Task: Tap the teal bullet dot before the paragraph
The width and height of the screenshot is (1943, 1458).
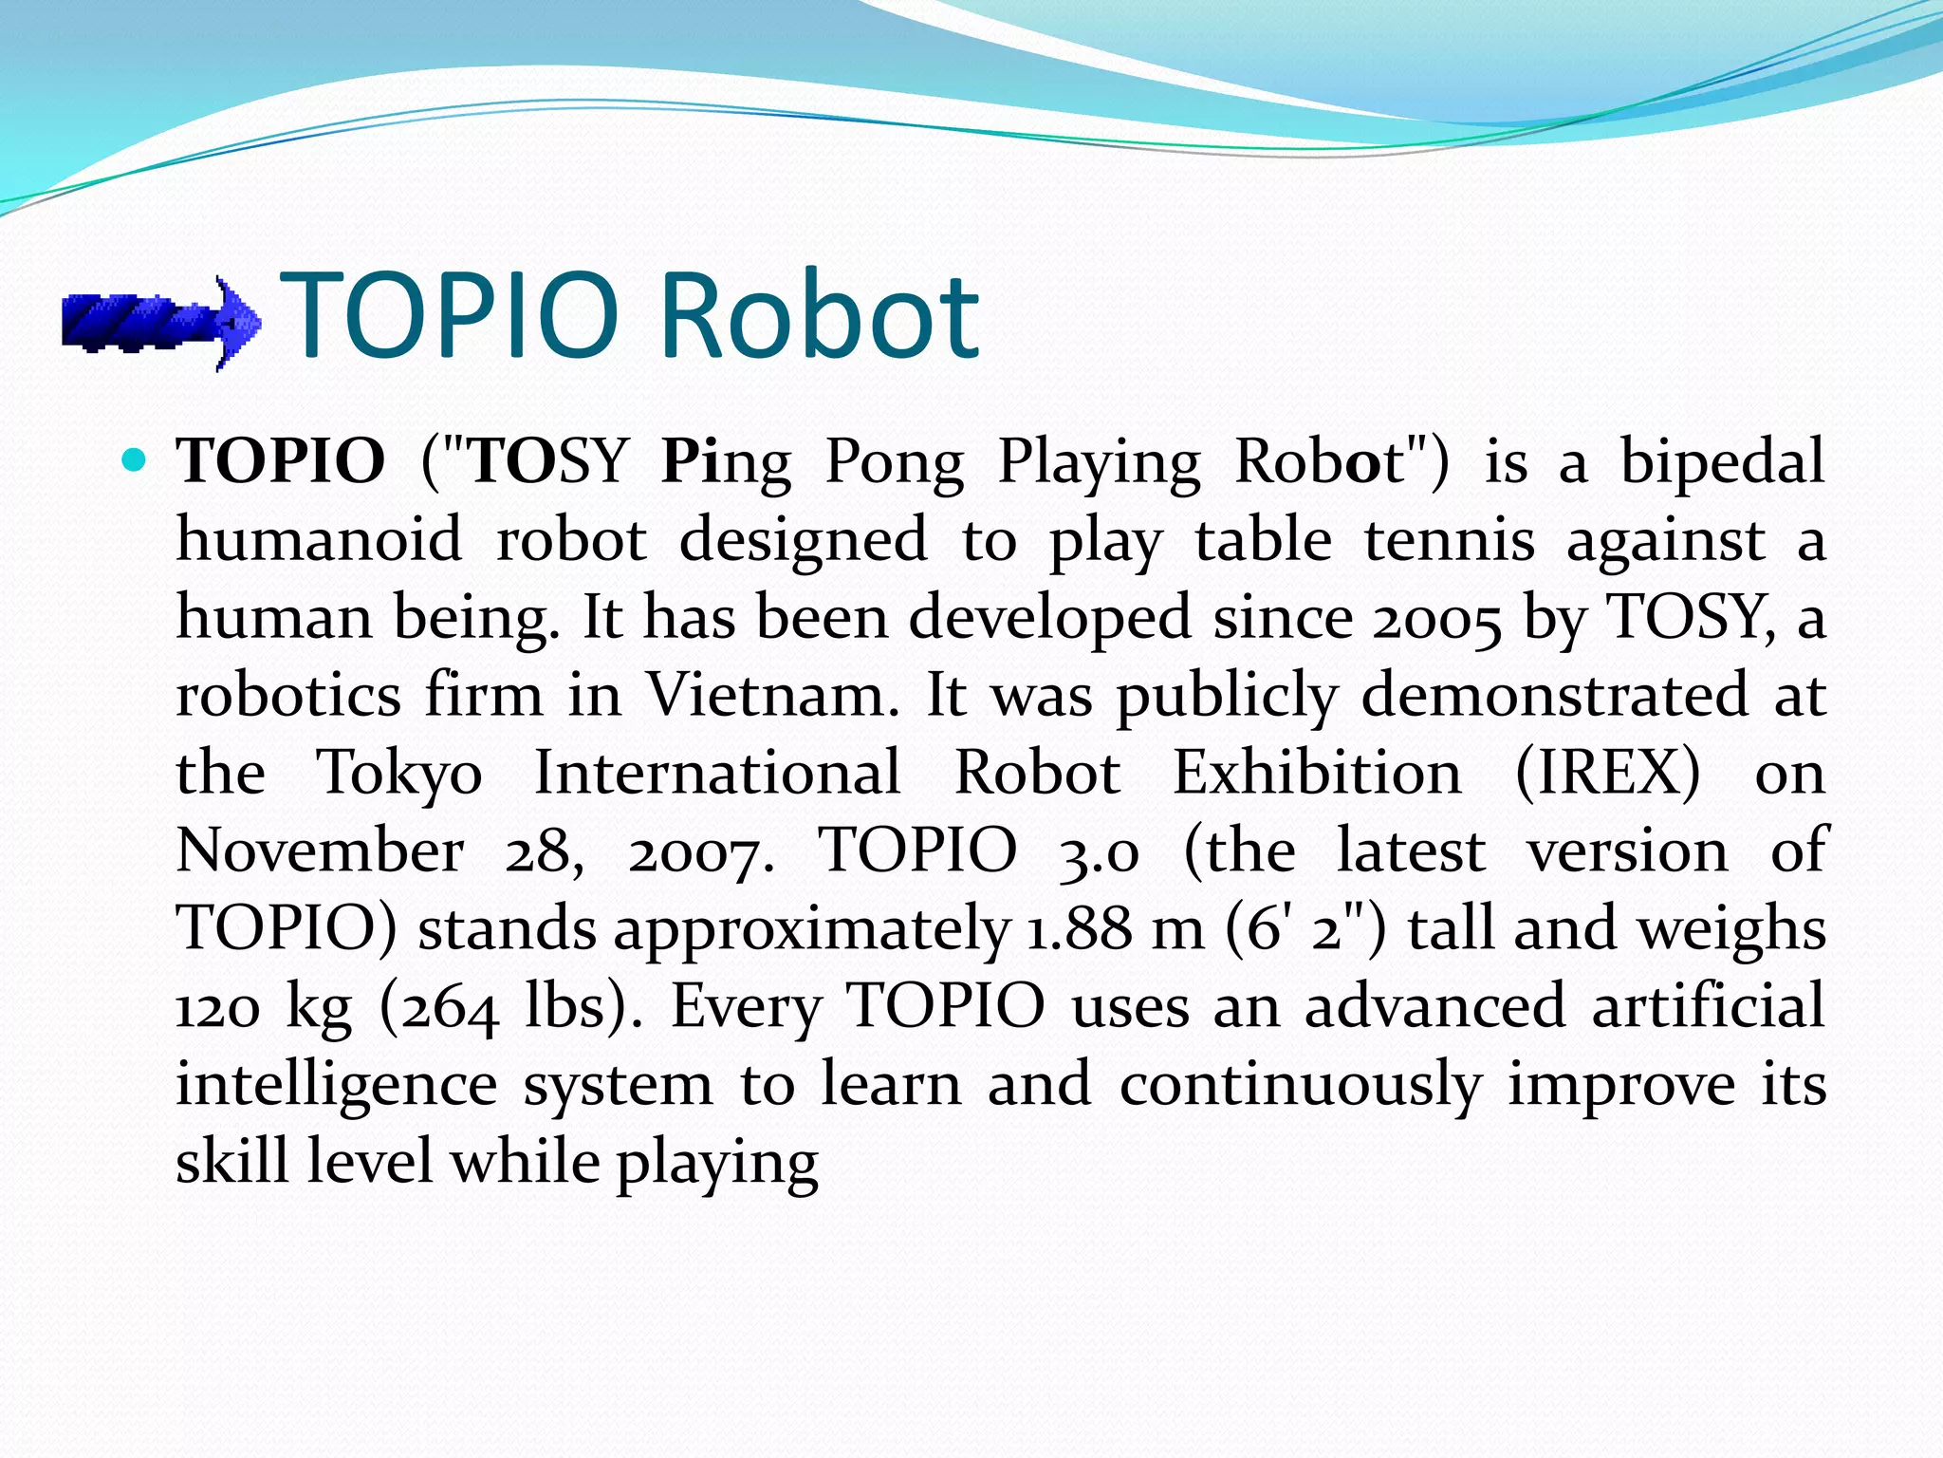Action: point(135,462)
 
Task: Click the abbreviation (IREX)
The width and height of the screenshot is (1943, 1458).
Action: point(1607,773)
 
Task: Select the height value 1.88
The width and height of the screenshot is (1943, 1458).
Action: point(1080,929)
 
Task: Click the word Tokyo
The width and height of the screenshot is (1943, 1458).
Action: point(399,775)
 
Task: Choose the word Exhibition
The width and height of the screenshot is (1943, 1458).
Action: point(1318,773)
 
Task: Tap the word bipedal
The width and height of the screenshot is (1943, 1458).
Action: point(1721,462)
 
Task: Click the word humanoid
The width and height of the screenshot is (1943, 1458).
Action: point(320,540)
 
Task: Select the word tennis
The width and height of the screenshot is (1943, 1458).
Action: point(1450,540)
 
